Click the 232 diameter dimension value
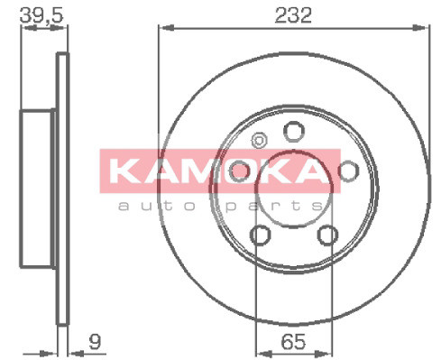[x=293, y=15]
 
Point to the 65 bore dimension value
[x=290, y=342]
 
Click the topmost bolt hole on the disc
[x=292, y=132]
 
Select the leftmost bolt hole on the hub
[x=239, y=171]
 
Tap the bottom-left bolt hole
[x=260, y=235]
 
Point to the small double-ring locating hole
[x=259, y=141]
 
